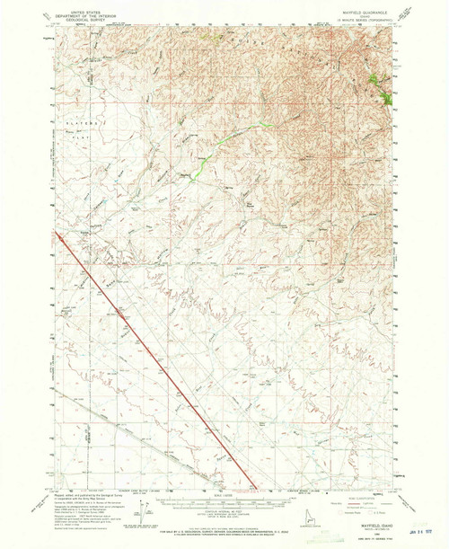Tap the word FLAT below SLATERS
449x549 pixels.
pos(77,130)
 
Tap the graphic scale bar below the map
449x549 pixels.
pos(224,501)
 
